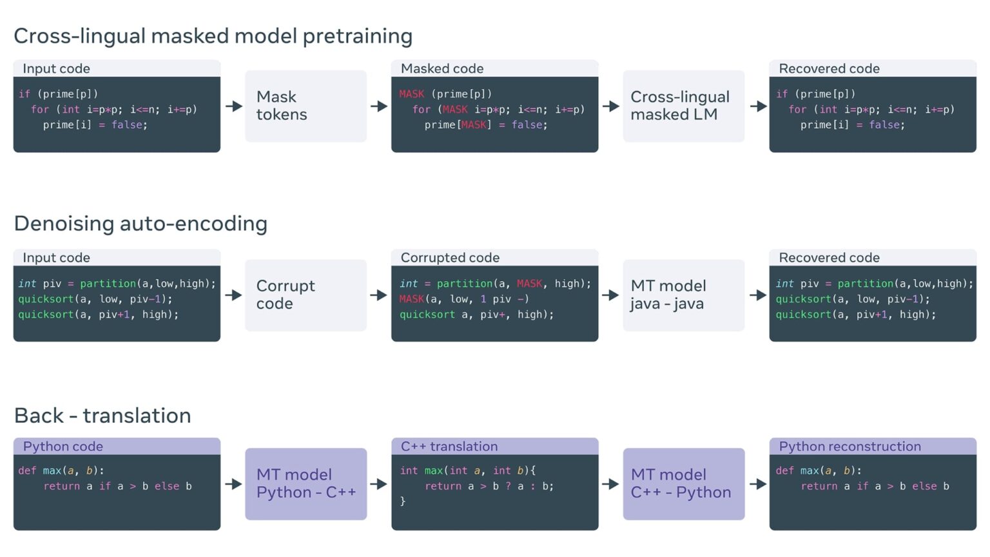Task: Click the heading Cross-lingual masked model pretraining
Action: pos(213,36)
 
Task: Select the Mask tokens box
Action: pos(306,106)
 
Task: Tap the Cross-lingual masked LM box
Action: pos(683,106)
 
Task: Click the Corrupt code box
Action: pos(306,295)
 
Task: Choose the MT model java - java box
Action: pos(683,295)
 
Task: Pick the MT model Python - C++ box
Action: pos(306,484)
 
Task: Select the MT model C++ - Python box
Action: pos(683,484)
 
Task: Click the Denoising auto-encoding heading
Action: pos(141,224)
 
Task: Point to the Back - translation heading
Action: pos(102,416)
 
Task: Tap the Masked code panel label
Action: pos(442,68)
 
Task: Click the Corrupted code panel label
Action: pos(450,258)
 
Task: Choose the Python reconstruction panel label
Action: pos(849,446)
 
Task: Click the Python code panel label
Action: pos(63,446)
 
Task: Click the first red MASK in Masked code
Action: pos(411,94)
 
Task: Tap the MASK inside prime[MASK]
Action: pos(474,125)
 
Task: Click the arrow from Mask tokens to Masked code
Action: pos(379,106)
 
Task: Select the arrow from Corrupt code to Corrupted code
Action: pos(379,295)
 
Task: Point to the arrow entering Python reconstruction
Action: pos(757,484)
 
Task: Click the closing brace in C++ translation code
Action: pos(403,501)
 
